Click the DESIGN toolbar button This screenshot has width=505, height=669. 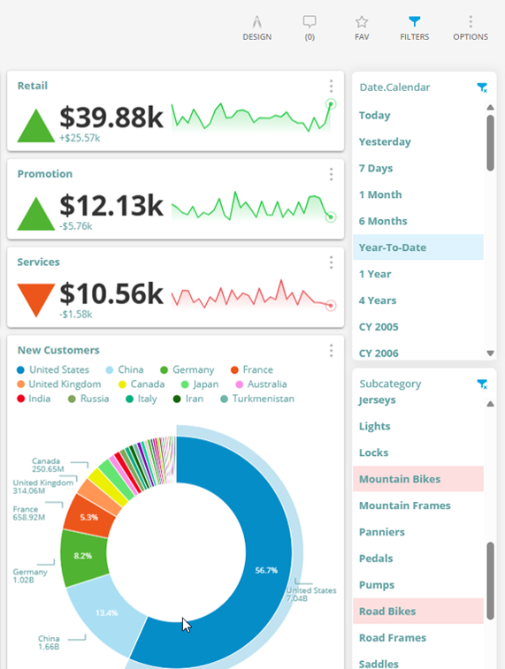coord(256,27)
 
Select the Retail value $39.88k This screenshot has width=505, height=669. coord(111,118)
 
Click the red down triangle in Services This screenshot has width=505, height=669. coord(36,298)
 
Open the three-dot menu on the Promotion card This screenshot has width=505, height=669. coord(331,174)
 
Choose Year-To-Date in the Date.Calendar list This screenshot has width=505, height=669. coord(393,247)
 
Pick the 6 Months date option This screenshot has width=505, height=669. coord(383,221)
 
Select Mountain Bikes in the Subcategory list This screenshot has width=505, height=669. coord(400,479)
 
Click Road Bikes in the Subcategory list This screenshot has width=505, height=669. coord(387,612)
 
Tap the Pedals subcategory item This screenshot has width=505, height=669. coord(377,559)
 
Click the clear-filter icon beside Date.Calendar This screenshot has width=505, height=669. coord(482,87)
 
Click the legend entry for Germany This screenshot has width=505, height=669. coord(192,369)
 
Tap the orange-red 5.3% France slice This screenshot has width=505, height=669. coord(88,517)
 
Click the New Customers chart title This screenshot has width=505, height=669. coord(58,350)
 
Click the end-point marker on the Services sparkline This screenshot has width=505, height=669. coord(331,306)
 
